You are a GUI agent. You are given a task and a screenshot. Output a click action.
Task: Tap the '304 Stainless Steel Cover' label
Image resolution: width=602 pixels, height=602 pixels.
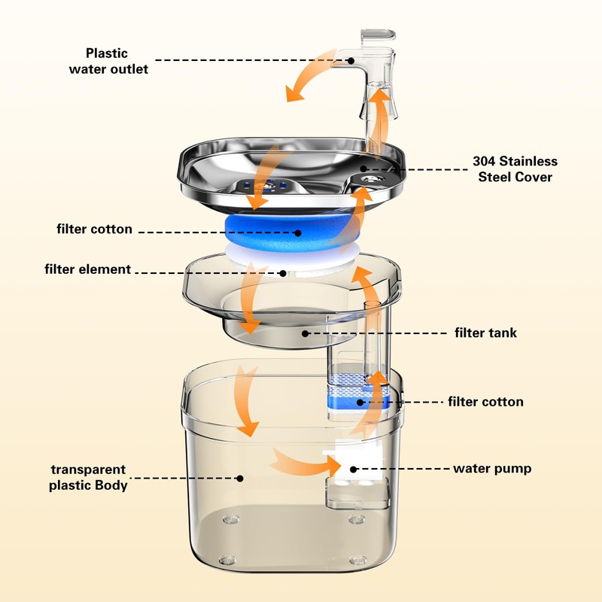click(515, 169)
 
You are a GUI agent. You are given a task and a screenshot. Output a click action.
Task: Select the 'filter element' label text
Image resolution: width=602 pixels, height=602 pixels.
click(88, 269)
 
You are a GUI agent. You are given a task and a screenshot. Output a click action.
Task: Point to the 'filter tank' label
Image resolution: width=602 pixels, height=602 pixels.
click(486, 333)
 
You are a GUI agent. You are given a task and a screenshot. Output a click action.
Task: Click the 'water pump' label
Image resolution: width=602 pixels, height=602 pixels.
click(492, 469)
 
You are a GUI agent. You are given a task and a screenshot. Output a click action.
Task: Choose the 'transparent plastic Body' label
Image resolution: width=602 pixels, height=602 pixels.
click(88, 477)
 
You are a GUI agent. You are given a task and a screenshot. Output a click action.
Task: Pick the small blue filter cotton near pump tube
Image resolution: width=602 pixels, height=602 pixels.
click(357, 397)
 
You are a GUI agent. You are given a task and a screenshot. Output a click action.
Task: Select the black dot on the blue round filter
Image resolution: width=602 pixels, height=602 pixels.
click(299, 233)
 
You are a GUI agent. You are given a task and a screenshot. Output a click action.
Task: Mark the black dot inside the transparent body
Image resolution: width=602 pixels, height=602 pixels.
click(240, 477)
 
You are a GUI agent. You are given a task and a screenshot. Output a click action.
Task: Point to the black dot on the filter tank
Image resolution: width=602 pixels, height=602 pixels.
click(304, 333)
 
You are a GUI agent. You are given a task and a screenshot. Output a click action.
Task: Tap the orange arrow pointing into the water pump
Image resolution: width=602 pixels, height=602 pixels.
click(297, 461)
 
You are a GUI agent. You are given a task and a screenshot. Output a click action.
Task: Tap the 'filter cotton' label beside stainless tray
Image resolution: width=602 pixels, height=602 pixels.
click(94, 229)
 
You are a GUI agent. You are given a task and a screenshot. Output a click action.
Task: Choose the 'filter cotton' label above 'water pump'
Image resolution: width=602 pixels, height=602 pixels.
click(485, 402)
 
